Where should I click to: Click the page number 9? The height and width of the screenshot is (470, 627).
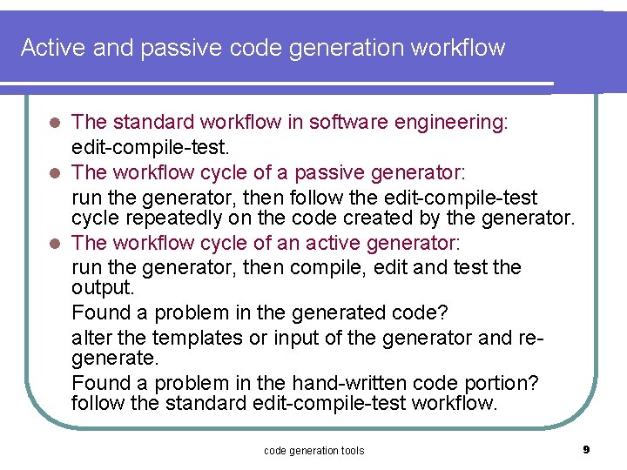point(586,450)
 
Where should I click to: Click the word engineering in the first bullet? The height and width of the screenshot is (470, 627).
point(452,123)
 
